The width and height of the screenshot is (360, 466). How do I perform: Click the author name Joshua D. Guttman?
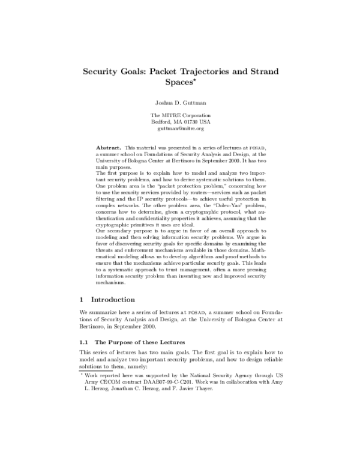(181, 103)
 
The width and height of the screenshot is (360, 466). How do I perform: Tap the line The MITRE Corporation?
(181, 115)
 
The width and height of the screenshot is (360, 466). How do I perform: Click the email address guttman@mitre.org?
(181, 129)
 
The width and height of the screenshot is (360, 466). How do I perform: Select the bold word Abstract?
(109, 147)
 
